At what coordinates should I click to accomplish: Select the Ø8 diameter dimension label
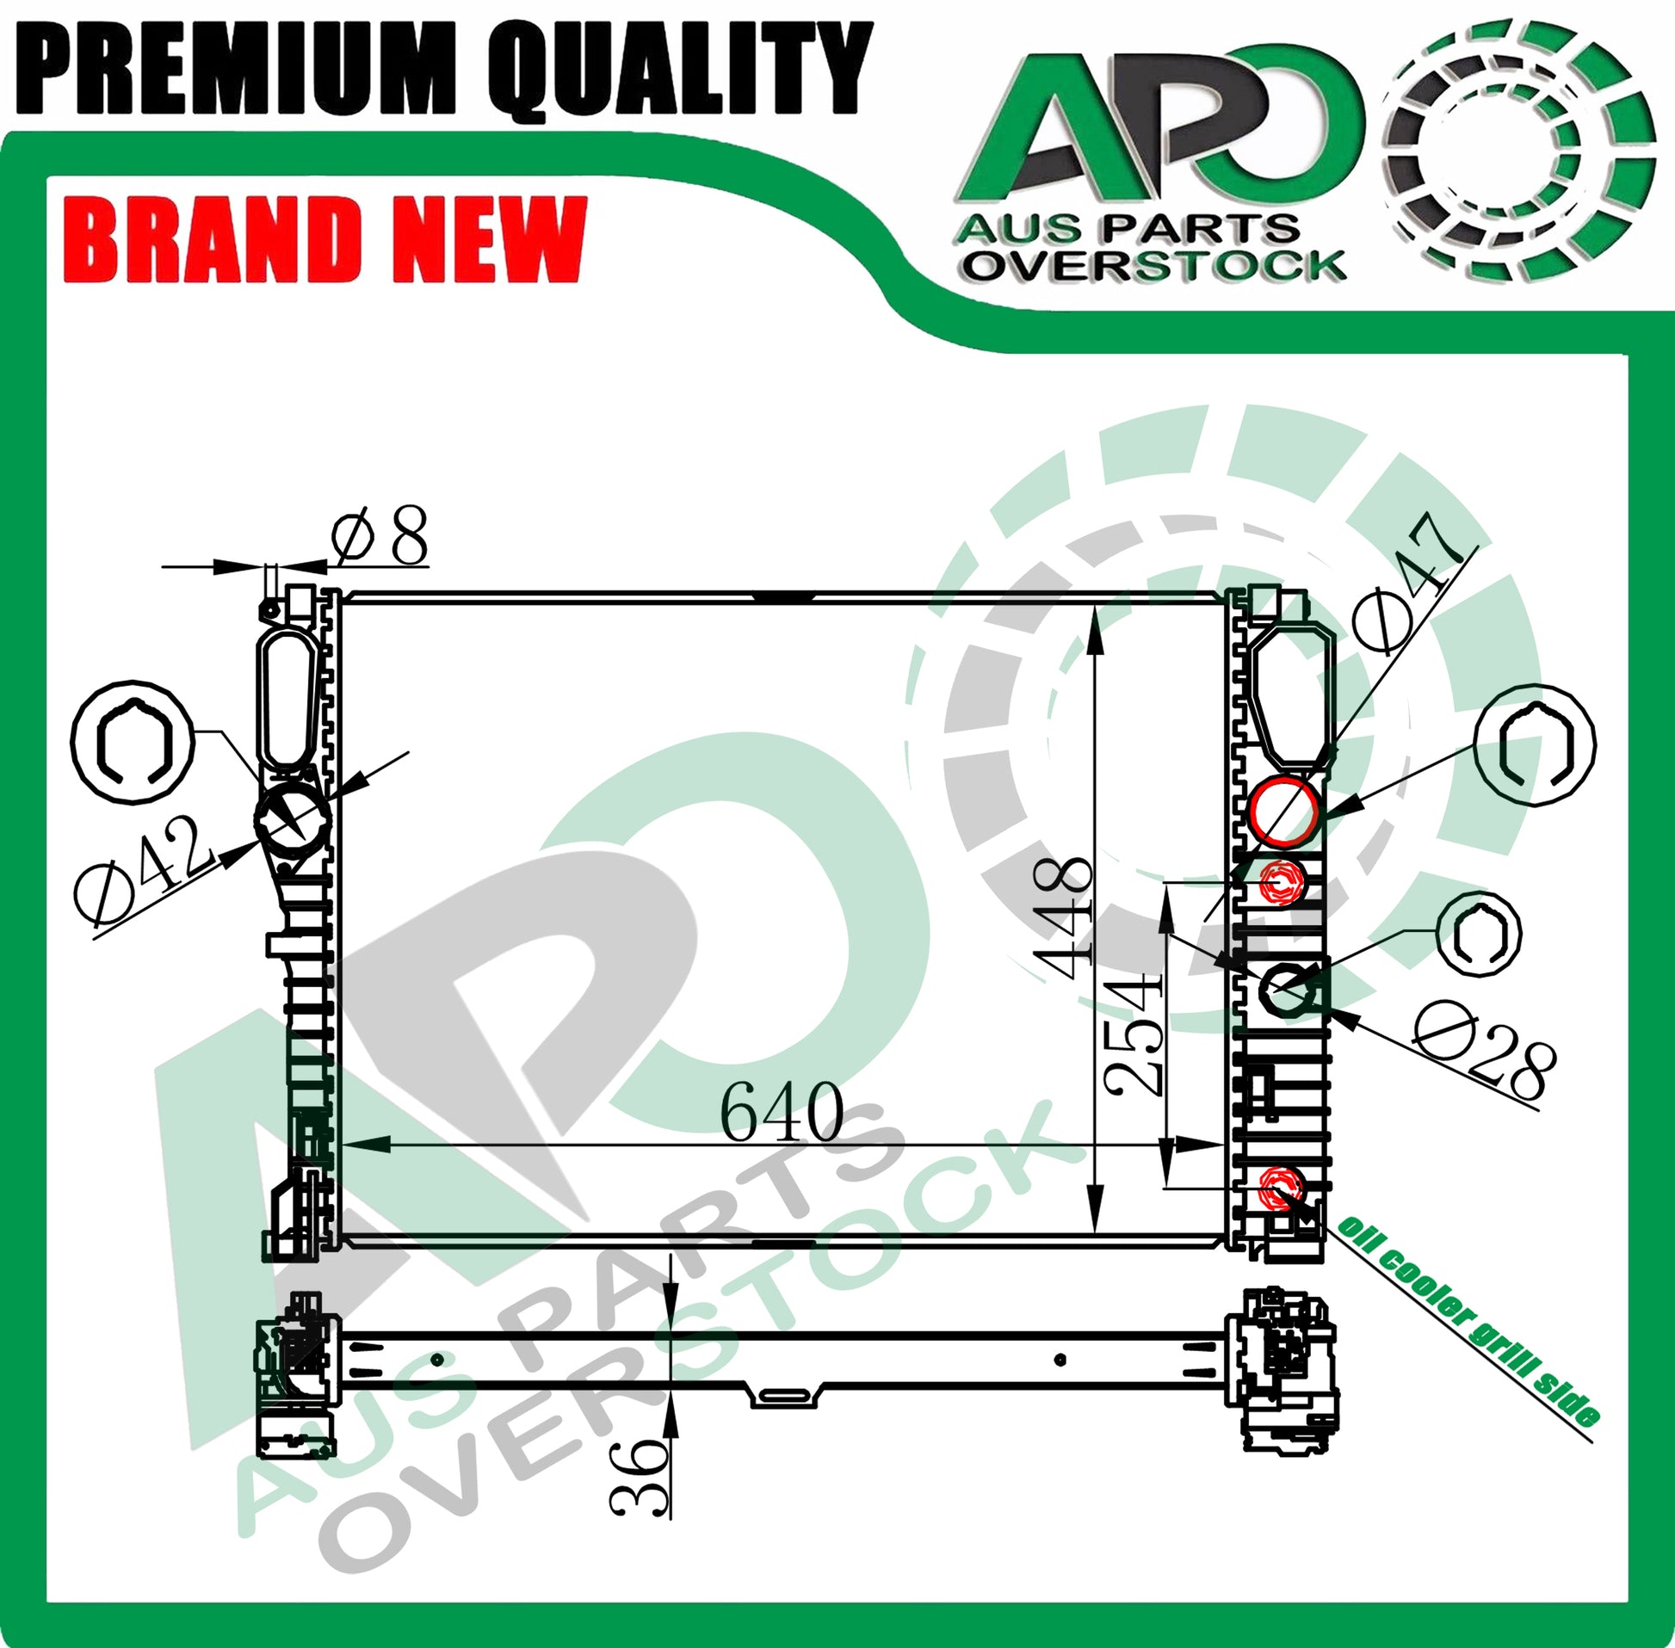[381, 537]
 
